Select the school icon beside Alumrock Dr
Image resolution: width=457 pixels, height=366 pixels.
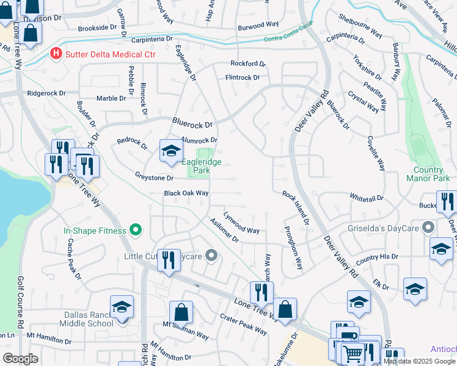(171, 151)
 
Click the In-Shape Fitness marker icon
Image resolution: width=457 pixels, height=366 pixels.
(136, 231)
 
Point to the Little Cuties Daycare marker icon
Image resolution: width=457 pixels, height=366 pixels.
(211, 256)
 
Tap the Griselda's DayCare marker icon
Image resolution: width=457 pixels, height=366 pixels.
(429, 228)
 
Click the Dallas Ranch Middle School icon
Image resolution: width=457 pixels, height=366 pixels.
(122, 306)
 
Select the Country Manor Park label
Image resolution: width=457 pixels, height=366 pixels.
(428, 174)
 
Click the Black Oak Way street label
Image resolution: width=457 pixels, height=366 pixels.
(186, 193)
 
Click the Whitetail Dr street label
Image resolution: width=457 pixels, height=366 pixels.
(366, 199)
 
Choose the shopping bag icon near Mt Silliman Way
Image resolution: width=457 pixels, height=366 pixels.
(181, 312)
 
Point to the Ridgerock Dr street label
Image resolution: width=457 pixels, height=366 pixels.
(46, 93)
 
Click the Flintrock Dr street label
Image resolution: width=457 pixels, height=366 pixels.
(243, 77)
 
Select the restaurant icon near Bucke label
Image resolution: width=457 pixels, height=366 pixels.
(447, 202)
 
